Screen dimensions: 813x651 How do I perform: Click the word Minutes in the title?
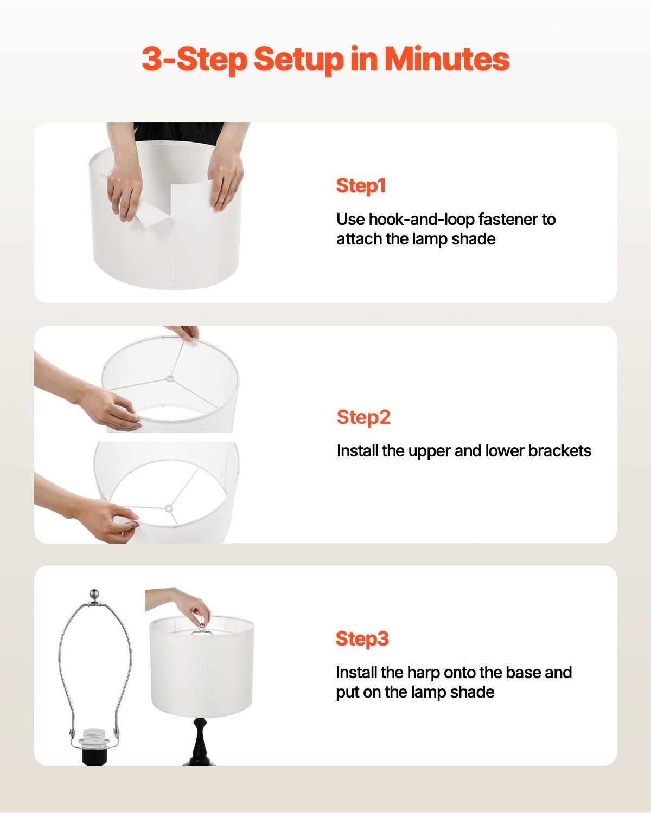(447, 59)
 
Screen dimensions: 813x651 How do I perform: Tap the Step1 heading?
(361, 185)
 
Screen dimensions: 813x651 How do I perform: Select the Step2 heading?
(363, 417)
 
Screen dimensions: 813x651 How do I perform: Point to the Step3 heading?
(362, 638)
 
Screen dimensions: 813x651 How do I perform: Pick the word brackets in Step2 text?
(560, 451)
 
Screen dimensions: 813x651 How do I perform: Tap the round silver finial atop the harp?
(95, 594)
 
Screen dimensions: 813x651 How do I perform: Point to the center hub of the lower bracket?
(168, 508)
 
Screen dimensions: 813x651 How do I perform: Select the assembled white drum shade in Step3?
(201, 667)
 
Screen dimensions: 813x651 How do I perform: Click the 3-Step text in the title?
(193, 59)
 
